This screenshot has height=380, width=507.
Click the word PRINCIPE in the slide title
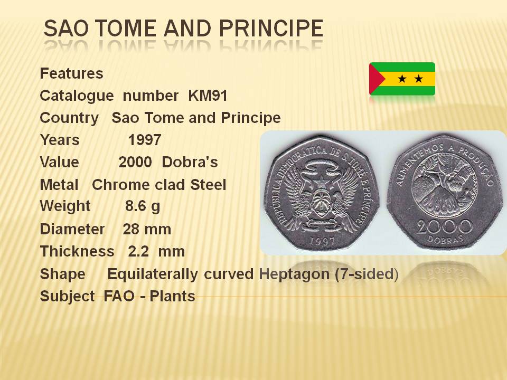271,28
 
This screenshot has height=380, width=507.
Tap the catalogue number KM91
208,96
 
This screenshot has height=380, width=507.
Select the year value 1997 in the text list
145,140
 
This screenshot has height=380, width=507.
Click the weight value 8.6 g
143,206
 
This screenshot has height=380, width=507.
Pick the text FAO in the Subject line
119,296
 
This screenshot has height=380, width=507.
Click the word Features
71,73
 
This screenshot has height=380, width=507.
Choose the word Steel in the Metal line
208,185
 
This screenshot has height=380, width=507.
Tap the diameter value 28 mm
147,229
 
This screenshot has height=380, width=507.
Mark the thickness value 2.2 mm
156,251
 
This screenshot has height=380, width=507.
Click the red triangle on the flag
377,79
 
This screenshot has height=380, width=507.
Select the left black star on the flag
402,79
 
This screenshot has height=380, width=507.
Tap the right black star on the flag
419,79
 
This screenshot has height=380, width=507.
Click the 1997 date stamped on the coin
322,241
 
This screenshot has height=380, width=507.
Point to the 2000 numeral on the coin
444,227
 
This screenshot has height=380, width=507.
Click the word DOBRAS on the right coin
445,239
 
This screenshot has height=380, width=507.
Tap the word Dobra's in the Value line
190,162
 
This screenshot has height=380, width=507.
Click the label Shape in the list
63,274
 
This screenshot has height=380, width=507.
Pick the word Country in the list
69,118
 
